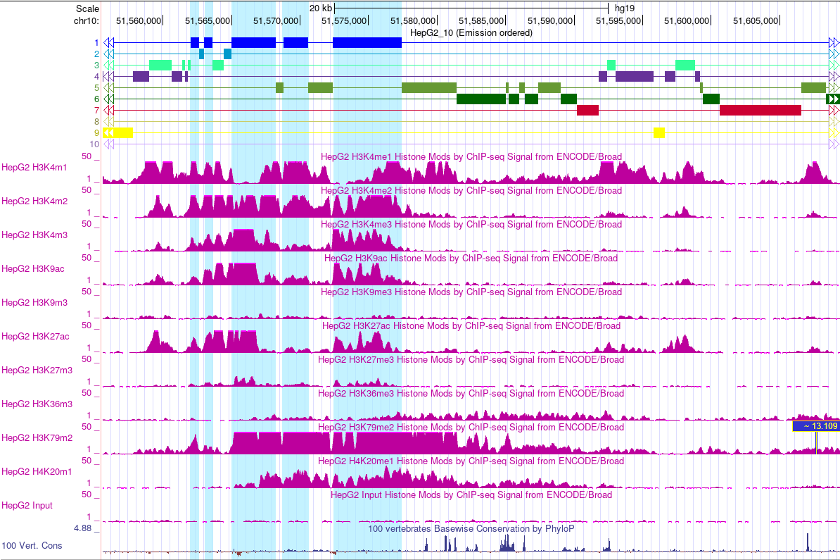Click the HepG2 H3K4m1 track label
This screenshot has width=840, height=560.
coord(34,168)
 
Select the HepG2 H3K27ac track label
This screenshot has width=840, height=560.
coord(35,337)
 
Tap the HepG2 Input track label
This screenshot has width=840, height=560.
coord(27,506)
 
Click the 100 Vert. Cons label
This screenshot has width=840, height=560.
coord(32,546)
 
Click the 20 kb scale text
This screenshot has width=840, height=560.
coord(320,8)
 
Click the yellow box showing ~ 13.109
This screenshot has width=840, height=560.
coord(815,426)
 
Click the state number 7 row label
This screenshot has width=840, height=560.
coord(96,111)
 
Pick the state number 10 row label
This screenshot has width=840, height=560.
coord(94,144)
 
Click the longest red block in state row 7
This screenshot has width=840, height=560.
coord(760,110)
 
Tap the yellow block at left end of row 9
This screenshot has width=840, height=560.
coord(118,132)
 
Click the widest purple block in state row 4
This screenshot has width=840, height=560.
coord(634,76)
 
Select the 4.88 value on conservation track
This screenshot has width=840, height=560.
coord(85,528)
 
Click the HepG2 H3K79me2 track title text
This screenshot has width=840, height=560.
coord(471,428)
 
